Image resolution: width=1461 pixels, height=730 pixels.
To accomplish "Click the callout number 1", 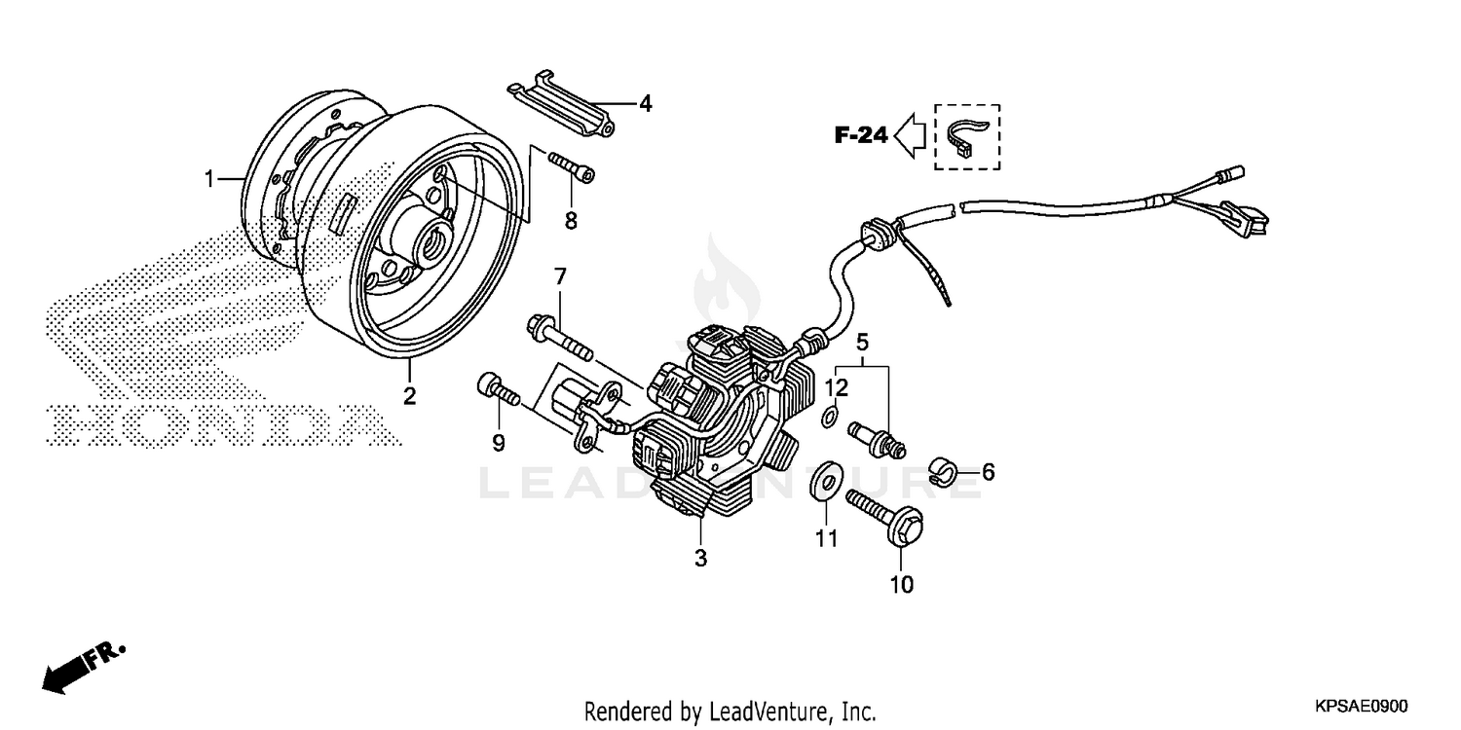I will click(208, 179).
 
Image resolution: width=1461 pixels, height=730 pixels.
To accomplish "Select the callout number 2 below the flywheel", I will click(410, 395).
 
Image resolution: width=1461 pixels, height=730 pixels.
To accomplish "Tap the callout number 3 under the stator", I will click(700, 559).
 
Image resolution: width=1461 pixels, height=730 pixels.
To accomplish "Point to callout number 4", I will click(645, 103).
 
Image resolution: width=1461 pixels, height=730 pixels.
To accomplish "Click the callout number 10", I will click(901, 584).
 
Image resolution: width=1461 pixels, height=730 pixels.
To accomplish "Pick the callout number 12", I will click(837, 387).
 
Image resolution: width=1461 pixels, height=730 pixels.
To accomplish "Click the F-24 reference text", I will click(860, 136).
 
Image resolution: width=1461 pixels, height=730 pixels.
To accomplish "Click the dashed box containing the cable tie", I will click(966, 137).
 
